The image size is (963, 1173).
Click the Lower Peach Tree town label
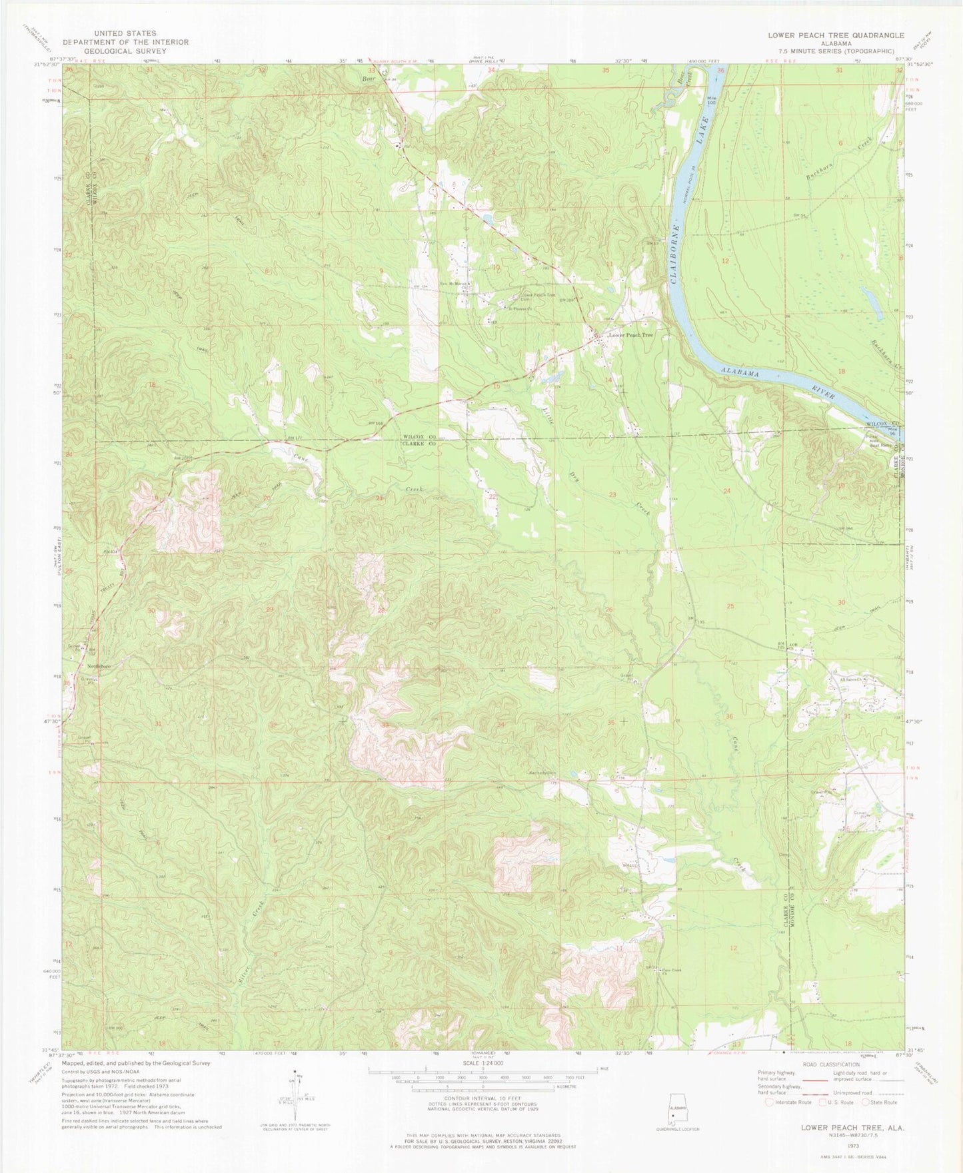pos(629,335)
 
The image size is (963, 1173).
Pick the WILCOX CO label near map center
pos(419,437)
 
